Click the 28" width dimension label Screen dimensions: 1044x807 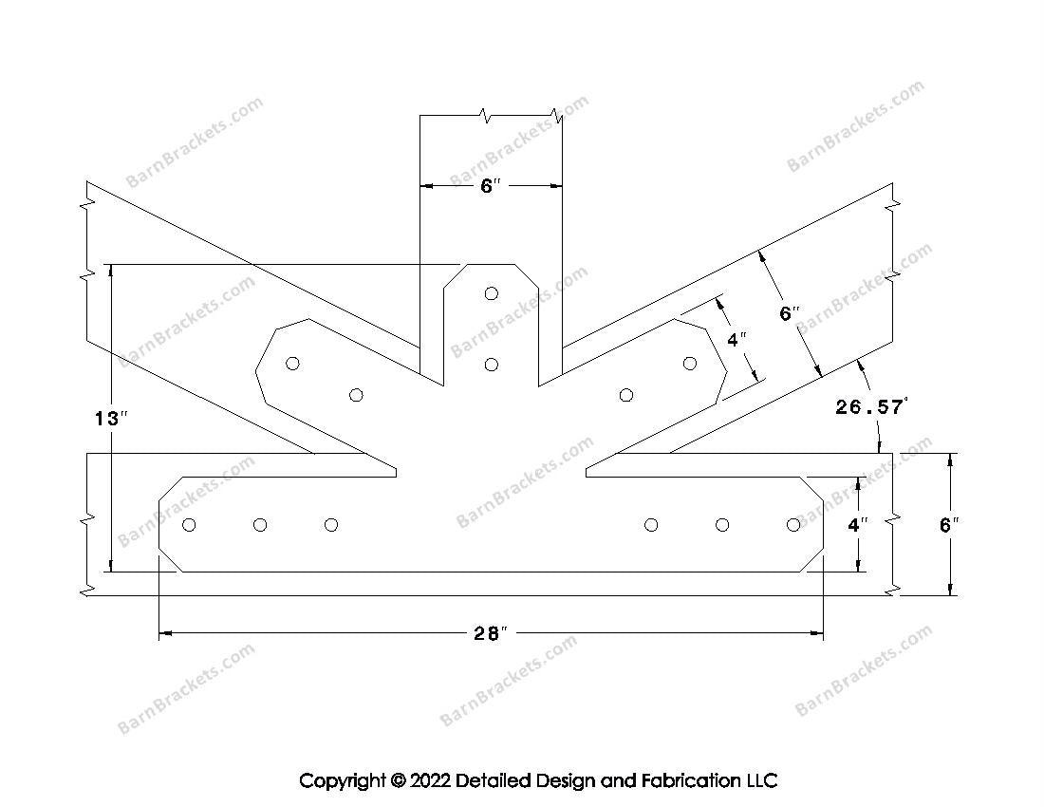491,633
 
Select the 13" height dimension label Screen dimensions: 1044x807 111,419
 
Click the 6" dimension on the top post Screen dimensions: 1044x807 490,186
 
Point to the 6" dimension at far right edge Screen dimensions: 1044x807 949,525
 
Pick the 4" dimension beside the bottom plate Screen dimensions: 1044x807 858,525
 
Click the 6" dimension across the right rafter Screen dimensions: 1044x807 790,313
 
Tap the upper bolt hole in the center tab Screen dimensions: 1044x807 492,293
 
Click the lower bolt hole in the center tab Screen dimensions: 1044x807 492,365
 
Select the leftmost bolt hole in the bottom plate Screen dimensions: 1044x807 189,525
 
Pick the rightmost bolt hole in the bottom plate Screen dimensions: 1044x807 793,525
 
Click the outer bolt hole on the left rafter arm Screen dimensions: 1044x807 292,364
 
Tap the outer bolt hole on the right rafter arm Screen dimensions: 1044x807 690,364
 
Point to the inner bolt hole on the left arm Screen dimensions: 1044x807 356,396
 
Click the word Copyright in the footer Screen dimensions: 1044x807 343,780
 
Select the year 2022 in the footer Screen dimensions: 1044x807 431,780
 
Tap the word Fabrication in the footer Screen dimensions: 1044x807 690,780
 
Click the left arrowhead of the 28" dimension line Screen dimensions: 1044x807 165,634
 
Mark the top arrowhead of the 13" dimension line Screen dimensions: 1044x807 111,271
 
